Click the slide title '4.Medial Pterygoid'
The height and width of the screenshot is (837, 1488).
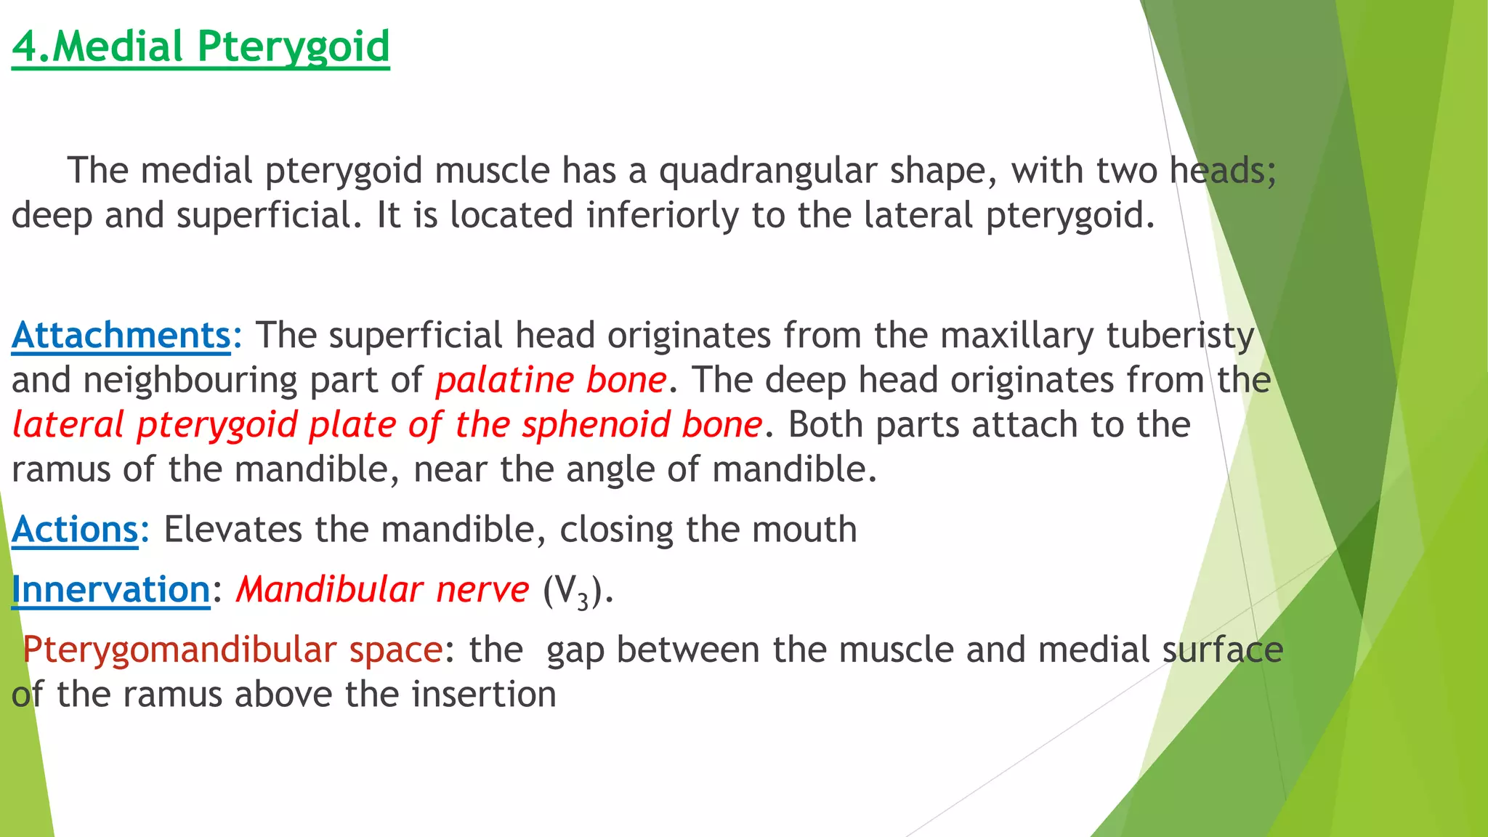201,46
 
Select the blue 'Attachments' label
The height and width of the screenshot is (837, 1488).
121,336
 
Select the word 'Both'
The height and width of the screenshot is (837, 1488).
825,425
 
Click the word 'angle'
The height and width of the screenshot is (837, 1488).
610,469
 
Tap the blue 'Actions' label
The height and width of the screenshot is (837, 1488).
75,530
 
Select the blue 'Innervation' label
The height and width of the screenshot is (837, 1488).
110,589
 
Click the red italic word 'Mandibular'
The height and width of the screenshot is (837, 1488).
330,589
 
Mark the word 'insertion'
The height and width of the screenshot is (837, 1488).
484,695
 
